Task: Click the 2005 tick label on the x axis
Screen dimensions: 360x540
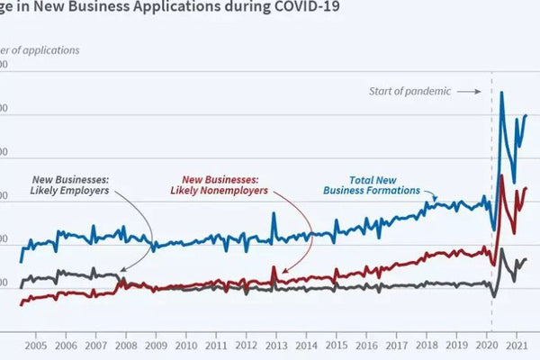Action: [35, 346]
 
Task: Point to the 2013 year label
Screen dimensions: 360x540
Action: [276, 346]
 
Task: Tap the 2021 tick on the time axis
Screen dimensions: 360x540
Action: [517, 346]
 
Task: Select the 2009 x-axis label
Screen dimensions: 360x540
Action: [156, 346]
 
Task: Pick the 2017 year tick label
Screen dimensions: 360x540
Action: [396, 346]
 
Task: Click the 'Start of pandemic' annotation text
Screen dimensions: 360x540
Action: [409, 91]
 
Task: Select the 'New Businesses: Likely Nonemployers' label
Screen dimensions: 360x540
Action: [220, 184]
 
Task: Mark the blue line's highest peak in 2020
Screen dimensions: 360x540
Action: [501, 93]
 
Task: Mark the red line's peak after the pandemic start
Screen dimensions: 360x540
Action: [501, 175]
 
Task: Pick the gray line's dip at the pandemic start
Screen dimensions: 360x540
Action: [493, 296]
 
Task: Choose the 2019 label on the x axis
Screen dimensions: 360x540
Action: [456, 346]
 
